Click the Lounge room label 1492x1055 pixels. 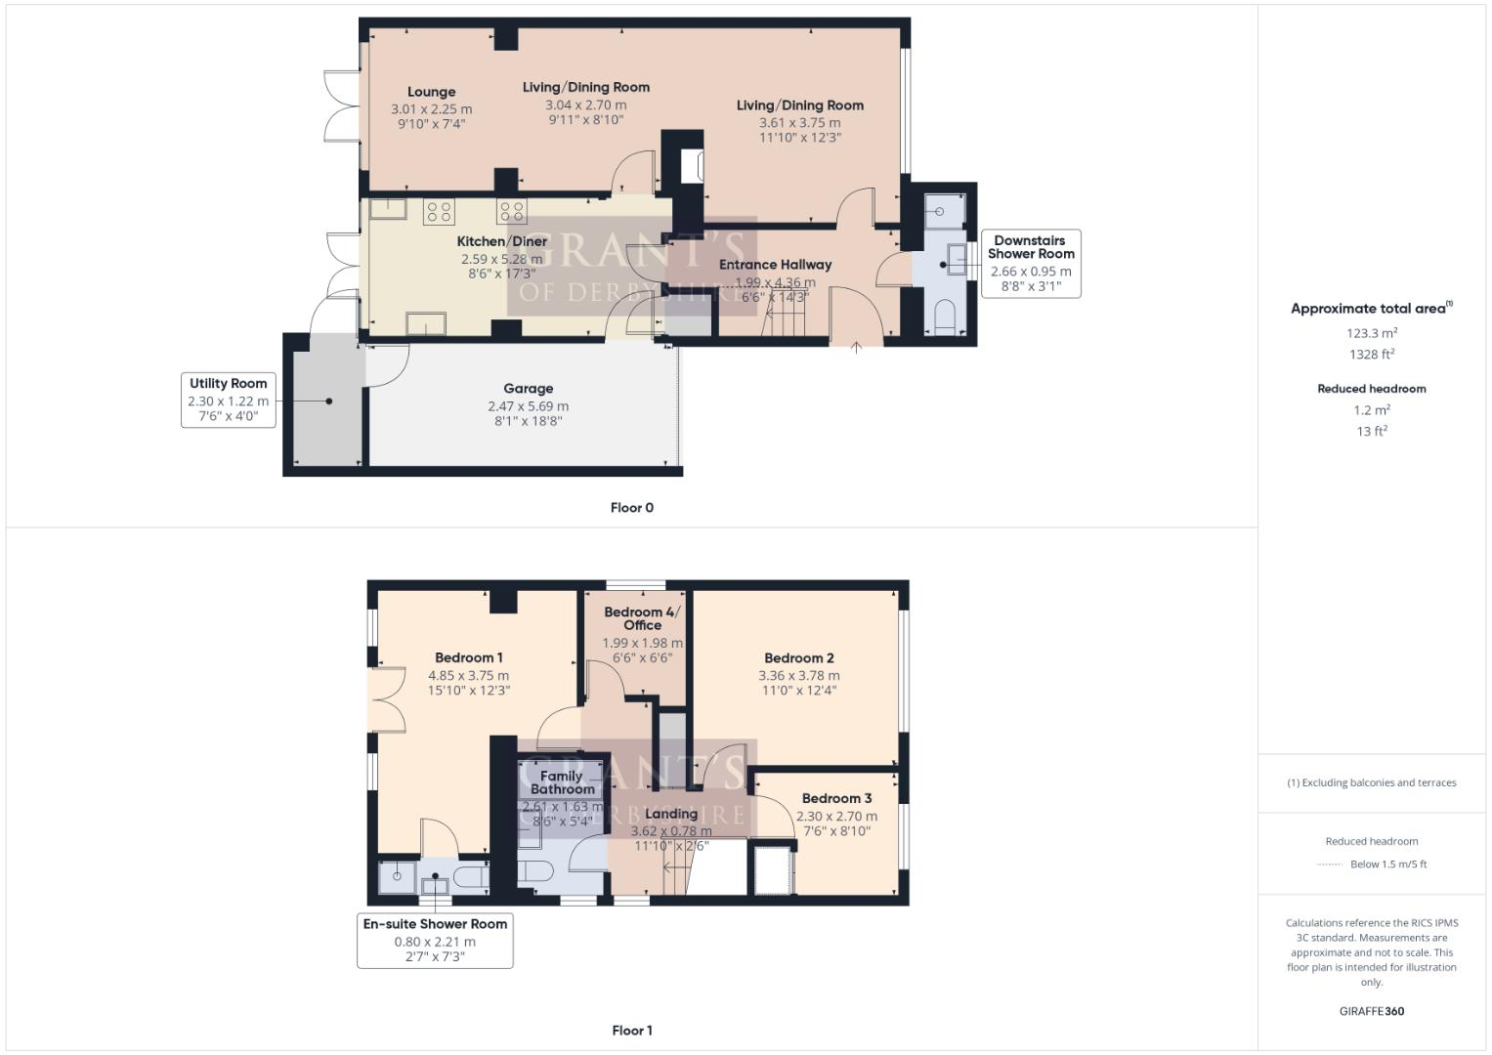(x=431, y=92)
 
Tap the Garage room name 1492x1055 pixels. (x=528, y=389)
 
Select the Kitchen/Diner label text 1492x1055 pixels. (x=501, y=241)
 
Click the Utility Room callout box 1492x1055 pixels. (x=228, y=400)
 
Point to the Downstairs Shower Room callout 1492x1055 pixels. (x=1030, y=263)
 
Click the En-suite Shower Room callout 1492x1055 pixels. (x=435, y=940)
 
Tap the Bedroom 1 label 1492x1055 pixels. (x=468, y=657)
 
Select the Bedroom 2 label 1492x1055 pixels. (x=798, y=658)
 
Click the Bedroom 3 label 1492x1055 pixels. (x=836, y=798)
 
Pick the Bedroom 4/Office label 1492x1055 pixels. (x=642, y=618)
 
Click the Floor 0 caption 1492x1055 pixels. (x=631, y=508)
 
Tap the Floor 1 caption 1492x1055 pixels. (x=631, y=1031)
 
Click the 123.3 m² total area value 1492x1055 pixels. (x=1372, y=333)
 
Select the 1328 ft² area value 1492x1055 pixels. (x=1372, y=355)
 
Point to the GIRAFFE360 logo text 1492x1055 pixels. (x=1372, y=1011)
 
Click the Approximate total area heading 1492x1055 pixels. (x=1370, y=309)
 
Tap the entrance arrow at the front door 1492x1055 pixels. (x=856, y=347)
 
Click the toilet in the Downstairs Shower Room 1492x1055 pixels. (x=944, y=316)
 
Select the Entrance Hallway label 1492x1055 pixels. (x=775, y=265)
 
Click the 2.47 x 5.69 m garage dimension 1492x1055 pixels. (x=528, y=406)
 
